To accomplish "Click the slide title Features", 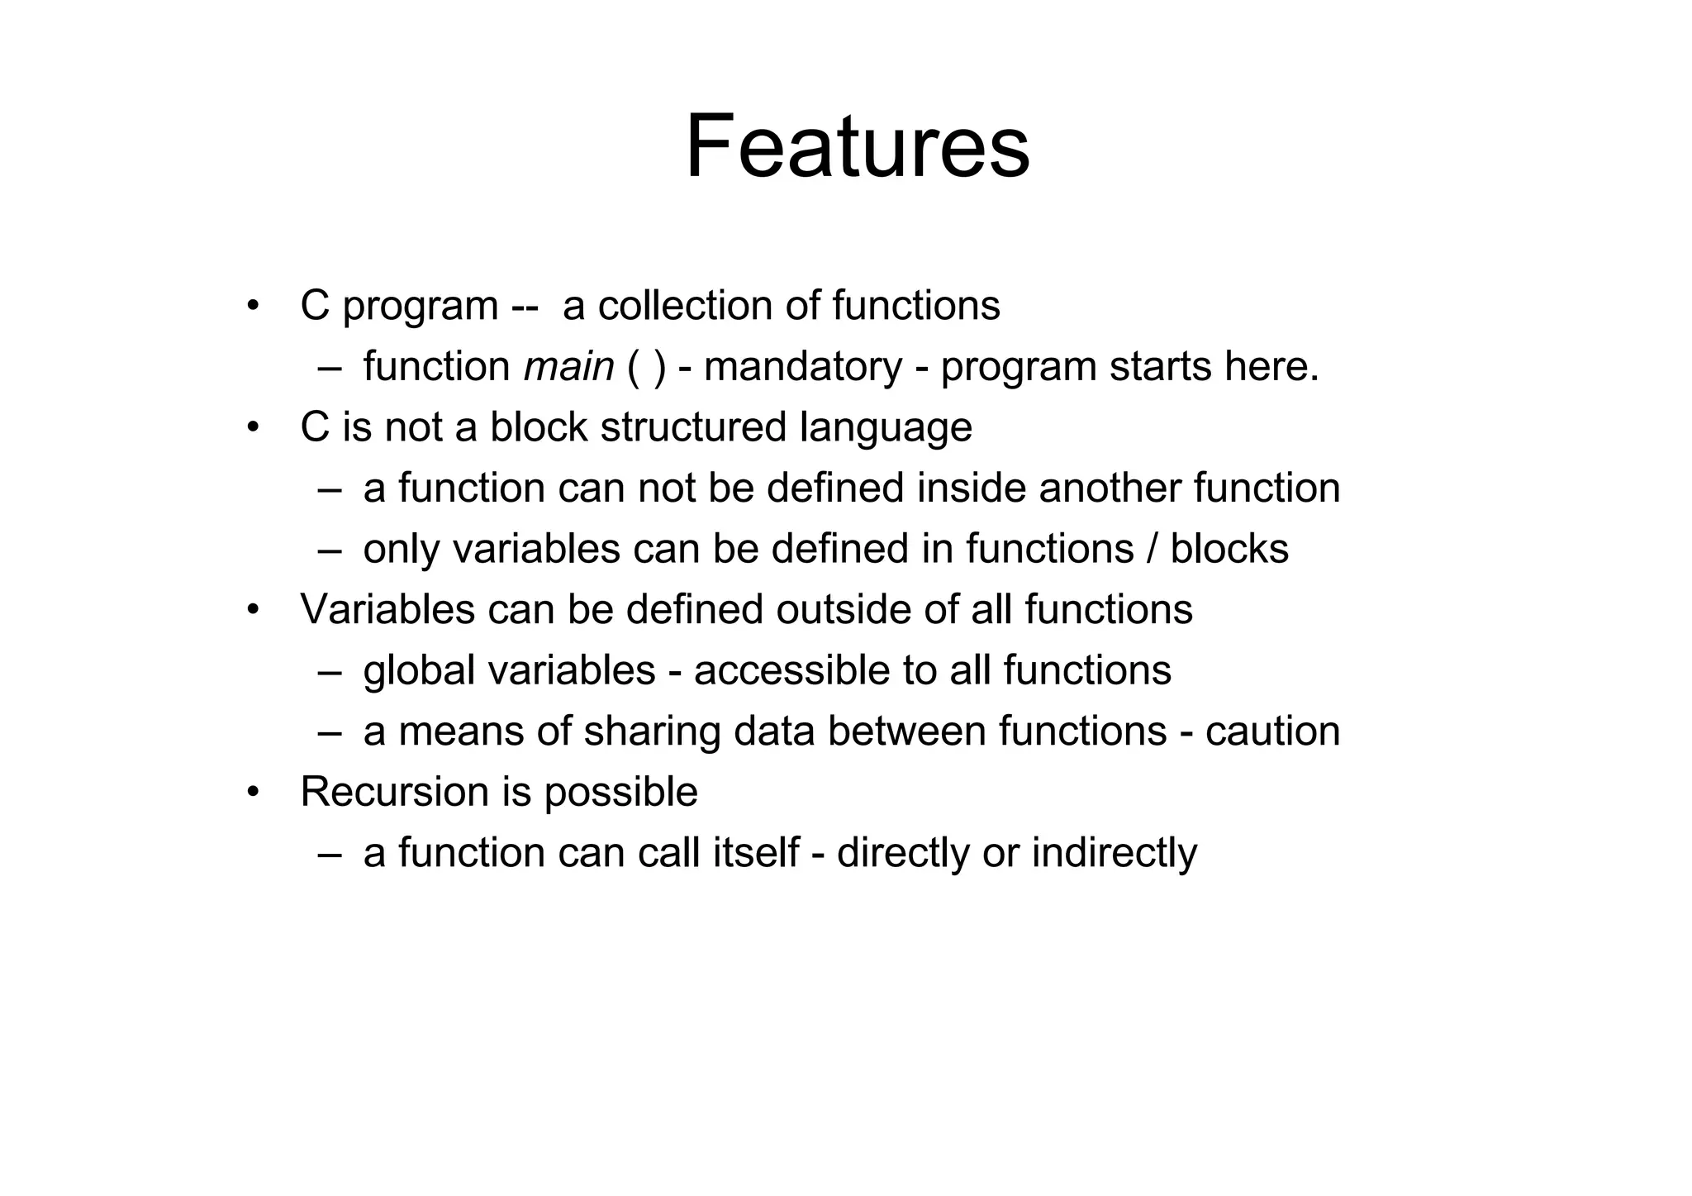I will (858, 147).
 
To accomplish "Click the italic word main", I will (568, 366).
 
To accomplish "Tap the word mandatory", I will (803, 366).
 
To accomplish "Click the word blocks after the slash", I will (1229, 549).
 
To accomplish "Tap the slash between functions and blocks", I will (1152, 549).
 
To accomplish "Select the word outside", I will (839, 609).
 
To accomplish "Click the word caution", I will (1272, 731).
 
